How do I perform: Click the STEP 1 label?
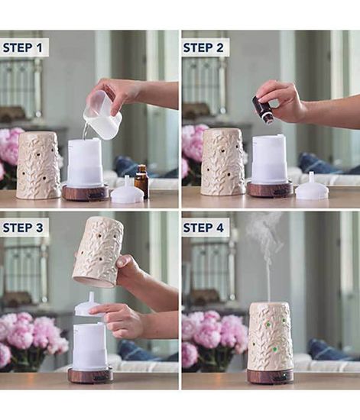pyautogui.click(x=23, y=48)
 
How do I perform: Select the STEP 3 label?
pyautogui.click(x=23, y=228)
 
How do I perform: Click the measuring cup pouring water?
pyautogui.click(x=102, y=117)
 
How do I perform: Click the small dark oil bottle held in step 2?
pyautogui.click(x=264, y=111)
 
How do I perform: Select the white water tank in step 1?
pyautogui.click(x=85, y=162)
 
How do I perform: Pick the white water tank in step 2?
pyautogui.click(x=269, y=159)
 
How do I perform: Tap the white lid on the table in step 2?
pyautogui.click(x=312, y=187)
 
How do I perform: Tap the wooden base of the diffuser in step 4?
pyautogui.click(x=269, y=376)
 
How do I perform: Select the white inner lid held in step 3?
pyautogui.click(x=87, y=306)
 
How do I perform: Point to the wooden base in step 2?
pyautogui.click(x=269, y=189)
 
